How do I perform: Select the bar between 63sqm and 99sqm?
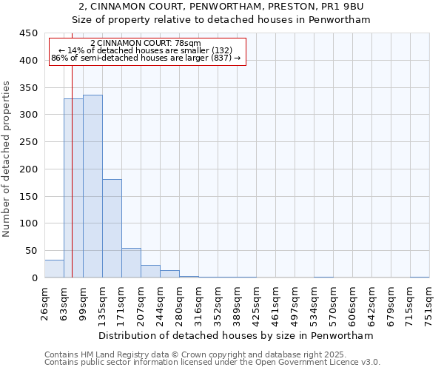(x=73, y=188)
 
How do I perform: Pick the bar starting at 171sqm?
(x=131, y=263)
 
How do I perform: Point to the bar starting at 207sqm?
(x=150, y=271)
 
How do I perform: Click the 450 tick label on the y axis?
(x=28, y=33)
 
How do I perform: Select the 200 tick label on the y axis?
(x=28, y=169)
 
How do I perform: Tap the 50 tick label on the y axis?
(x=31, y=251)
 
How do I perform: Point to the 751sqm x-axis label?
(x=429, y=303)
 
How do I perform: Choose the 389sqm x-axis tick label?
(x=237, y=303)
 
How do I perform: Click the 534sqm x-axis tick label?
(x=314, y=303)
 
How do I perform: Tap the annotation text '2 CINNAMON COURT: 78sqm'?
(x=145, y=44)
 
